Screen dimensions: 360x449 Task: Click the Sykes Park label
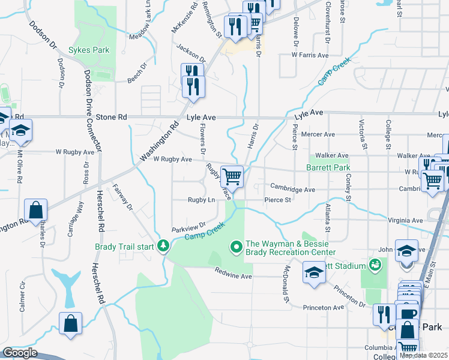click(89, 50)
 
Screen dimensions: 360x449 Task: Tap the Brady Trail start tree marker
click(163, 246)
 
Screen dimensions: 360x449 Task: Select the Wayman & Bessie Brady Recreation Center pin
click(237, 246)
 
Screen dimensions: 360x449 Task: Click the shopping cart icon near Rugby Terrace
click(232, 177)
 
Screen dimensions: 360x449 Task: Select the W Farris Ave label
click(310, 55)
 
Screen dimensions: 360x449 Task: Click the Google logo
click(19, 353)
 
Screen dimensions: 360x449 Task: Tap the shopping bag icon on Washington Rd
click(36, 211)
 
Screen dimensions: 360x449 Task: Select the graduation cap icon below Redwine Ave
click(314, 272)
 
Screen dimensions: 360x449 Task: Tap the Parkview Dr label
click(188, 229)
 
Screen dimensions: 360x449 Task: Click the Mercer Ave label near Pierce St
click(318, 135)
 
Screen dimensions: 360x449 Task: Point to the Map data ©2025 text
click(423, 355)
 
